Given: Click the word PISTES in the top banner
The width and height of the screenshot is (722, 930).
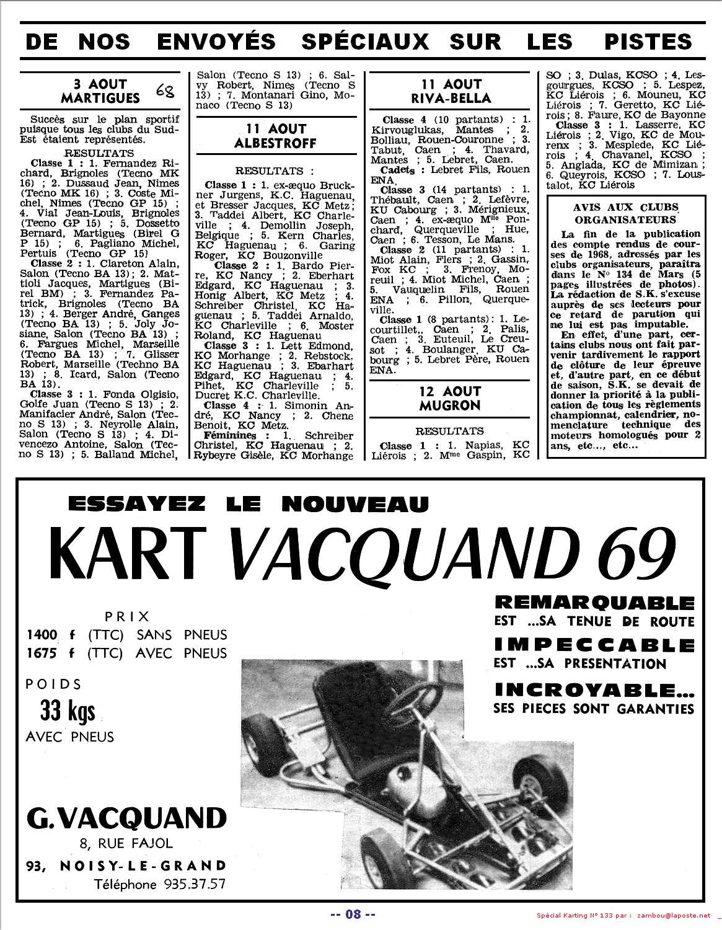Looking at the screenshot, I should click(648, 42).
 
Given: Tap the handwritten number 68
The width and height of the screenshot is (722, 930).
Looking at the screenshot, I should click(165, 91).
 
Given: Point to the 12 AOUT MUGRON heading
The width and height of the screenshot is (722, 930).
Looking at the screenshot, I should click(451, 398).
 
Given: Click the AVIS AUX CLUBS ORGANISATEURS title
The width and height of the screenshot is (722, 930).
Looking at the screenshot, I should click(625, 213).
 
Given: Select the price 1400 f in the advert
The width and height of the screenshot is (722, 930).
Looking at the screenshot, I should click(50, 635).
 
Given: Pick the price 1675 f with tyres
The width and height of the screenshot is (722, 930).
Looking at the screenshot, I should click(50, 653).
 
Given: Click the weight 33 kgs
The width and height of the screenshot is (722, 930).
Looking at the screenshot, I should click(68, 711).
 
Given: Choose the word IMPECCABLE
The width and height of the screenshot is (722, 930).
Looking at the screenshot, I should click(594, 645).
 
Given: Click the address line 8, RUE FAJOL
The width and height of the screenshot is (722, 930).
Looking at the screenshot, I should click(126, 843).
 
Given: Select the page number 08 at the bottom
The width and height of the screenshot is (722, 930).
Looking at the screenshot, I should click(353, 913).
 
